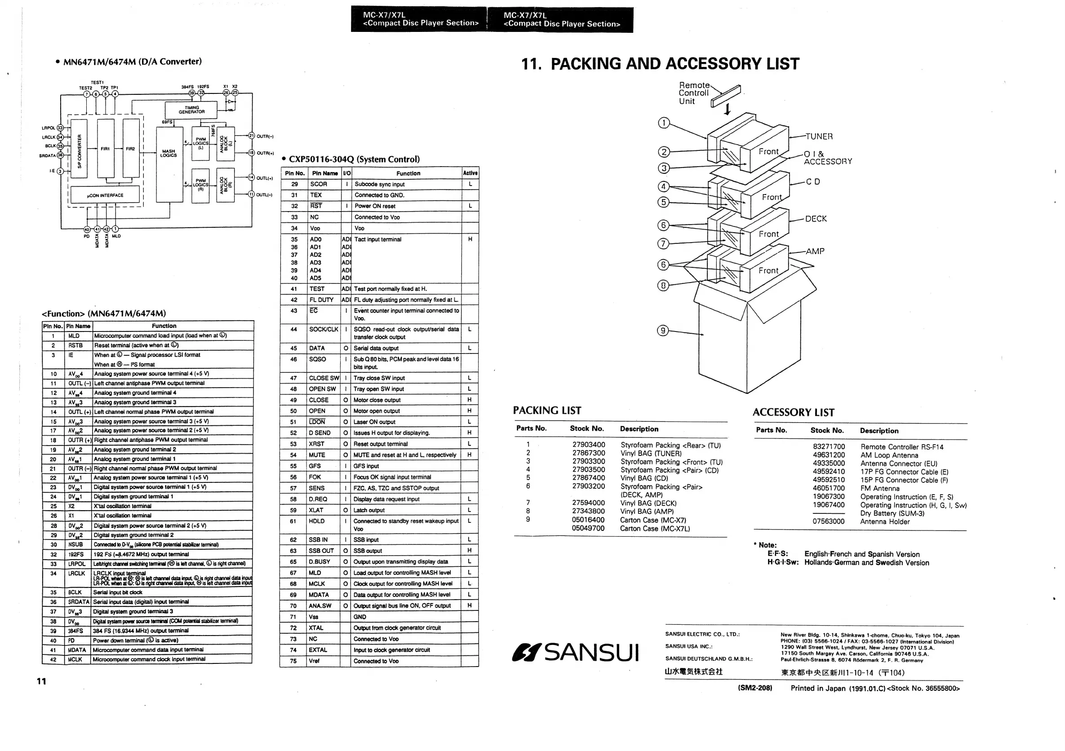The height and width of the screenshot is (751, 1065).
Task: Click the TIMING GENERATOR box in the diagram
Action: [x=191, y=110]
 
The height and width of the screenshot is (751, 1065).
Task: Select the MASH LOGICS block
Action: [x=169, y=154]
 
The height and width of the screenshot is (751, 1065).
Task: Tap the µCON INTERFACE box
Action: [x=105, y=195]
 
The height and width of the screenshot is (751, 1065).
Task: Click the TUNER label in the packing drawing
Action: [x=819, y=136]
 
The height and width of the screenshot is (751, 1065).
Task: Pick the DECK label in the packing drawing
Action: [x=816, y=219]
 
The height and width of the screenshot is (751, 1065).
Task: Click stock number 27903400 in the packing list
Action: [x=589, y=445]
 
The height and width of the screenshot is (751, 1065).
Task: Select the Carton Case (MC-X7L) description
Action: [x=655, y=529]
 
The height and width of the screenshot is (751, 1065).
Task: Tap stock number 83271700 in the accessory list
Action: [x=829, y=447]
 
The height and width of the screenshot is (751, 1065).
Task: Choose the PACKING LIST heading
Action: [x=547, y=411]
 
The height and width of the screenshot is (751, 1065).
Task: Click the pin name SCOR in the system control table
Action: [x=319, y=184]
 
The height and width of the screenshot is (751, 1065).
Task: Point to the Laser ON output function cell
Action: [x=374, y=422]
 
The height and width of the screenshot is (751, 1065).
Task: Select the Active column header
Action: [x=470, y=173]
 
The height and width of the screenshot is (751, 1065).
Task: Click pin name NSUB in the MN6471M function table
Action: [x=75, y=545]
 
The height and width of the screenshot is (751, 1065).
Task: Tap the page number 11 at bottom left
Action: [x=41, y=681]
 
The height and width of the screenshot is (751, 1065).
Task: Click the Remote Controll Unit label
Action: [x=694, y=93]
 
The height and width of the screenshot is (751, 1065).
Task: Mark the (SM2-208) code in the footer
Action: [x=755, y=688]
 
